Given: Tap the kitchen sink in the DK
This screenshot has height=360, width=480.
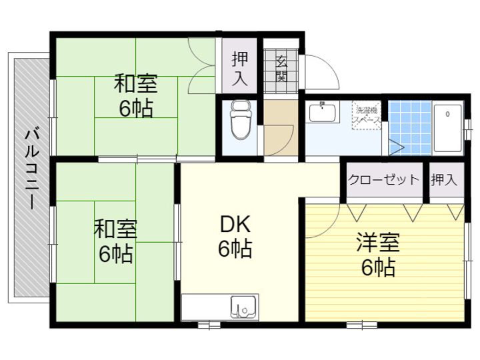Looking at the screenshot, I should tap(243, 307).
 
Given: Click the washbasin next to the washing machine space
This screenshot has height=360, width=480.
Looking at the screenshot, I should tap(323, 114).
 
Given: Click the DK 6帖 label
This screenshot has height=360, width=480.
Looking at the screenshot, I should tap(235, 237).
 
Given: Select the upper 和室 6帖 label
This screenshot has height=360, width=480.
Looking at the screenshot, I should tap(136, 96).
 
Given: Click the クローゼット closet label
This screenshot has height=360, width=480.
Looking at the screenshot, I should tap(384, 179).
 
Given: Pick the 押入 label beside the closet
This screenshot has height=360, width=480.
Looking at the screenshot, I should tap(444, 179).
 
